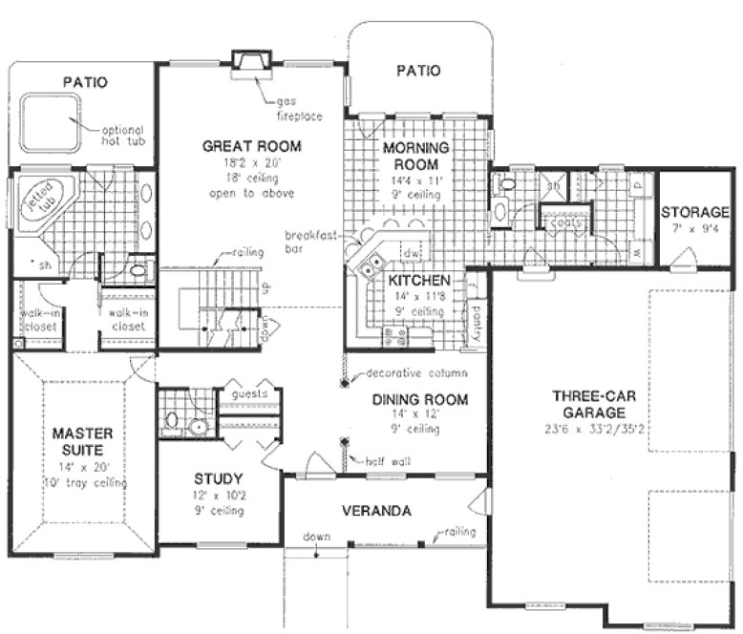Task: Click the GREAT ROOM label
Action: pyautogui.click(x=252, y=146)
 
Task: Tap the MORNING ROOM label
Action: pyautogui.click(x=416, y=157)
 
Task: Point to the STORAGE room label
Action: pyautogui.click(x=695, y=212)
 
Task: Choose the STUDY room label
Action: pyautogui.click(x=219, y=478)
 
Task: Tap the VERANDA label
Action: pyautogui.click(x=378, y=512)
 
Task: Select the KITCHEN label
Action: pyautogui.click(x=418, y=282)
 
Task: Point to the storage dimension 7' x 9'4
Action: pyautogui.click(x=695, y=230)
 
